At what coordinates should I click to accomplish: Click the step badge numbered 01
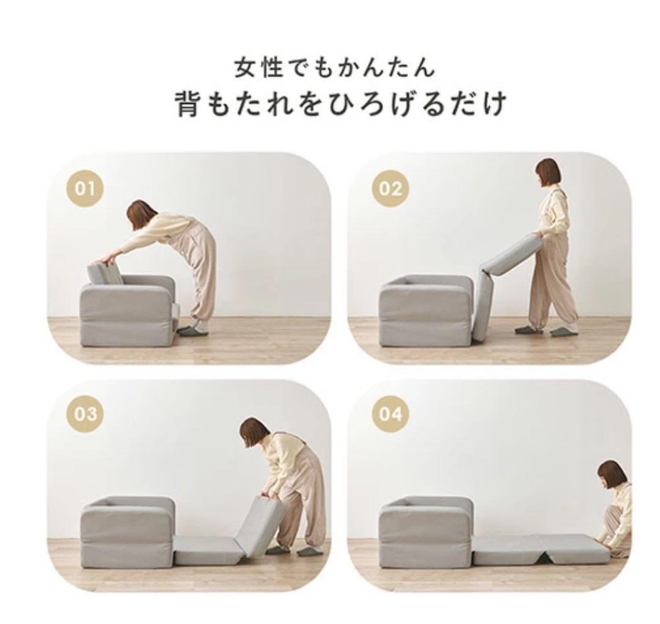pyautogui.click(x=86, y=189)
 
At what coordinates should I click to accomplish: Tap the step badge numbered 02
pyautogui.click(x=390, y=189)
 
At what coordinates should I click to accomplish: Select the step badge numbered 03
pyautogui.click(x=86, y=414)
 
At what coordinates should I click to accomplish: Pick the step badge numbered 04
pyautogui.click(x=390, y=414)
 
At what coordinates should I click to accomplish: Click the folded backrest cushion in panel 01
pyautogui.click(x=105, y=274)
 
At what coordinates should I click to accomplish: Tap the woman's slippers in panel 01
pyautogui.click(x=194, y=331)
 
